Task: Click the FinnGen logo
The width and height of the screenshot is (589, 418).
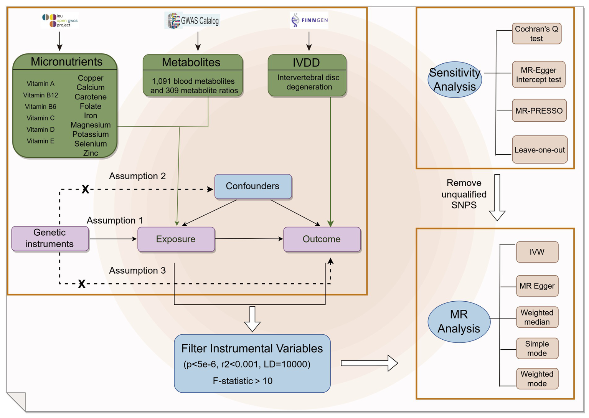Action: point(309,20)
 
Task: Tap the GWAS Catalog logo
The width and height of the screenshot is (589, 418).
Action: point(192,21)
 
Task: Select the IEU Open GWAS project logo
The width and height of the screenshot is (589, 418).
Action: point(60,21)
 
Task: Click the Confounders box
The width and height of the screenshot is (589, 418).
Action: point(253,186)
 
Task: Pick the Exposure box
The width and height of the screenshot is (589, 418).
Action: point(176,239)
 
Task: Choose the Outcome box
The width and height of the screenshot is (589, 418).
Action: point(322,239)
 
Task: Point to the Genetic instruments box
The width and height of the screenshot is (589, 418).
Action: point(50,238)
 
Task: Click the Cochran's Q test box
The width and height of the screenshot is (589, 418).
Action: point(536,33)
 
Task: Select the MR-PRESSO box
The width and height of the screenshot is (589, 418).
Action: point(539,111)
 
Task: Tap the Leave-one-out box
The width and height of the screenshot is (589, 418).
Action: point(540,150)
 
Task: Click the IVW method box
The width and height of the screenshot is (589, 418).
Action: point(537,252)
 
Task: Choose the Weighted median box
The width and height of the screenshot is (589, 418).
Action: point(537,317)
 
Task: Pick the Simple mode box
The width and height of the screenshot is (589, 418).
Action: point(537,348)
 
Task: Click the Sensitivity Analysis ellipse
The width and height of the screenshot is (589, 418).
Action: point(455,80)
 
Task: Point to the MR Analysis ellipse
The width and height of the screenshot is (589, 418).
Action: point(459,322)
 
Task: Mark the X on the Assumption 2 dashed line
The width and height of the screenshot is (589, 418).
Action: point(85,189)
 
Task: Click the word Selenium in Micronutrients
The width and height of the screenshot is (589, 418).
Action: point(91,144)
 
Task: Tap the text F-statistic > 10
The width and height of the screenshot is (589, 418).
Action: point(243,381)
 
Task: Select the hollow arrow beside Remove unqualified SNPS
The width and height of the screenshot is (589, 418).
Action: point(497,197)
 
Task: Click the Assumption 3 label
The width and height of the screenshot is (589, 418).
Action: point(137,271)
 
